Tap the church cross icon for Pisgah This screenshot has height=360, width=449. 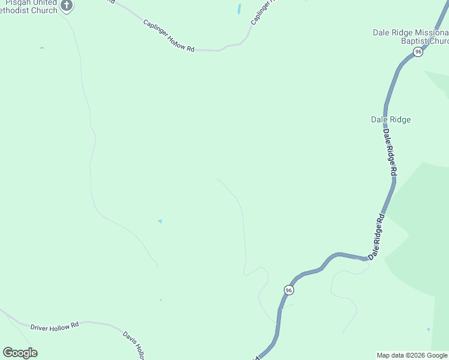click(x=67, y=6)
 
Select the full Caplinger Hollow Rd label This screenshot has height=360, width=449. click(x=169, y=35)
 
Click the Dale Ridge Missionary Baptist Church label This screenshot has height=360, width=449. click(x=411, y=37)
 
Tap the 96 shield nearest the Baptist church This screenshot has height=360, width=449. click(x=418, y=52)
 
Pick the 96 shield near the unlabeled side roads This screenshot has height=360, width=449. click(x=289, y=290)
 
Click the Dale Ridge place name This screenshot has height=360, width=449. click(x=391, y=119)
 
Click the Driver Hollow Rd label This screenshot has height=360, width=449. click(x=55, y=327)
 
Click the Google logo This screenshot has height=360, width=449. click(x=20, y=353)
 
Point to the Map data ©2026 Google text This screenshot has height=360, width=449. click(x=412, y=355)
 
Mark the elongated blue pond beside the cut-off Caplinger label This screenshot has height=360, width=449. click(x=239, y=10)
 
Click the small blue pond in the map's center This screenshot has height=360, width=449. click(x=160, y=221)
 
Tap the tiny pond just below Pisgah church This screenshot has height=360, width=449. click(x=41, y=48)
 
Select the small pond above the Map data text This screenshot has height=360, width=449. click(x=428, y=329)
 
